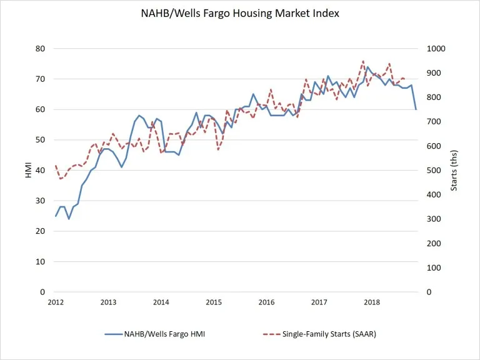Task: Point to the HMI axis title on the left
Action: point(28,170)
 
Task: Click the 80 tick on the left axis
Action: point(42,49)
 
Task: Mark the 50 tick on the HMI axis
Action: point(42,140)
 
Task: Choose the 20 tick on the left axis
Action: point(42,231)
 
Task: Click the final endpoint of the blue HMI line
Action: point(416,109)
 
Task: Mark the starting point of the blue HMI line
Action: point(56,216)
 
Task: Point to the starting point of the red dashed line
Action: point(56,166)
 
